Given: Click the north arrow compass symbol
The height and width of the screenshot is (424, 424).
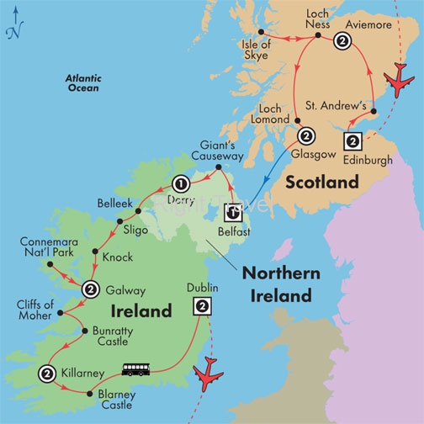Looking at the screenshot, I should [12, 29].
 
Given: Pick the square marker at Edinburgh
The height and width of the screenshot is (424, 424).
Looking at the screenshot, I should [352, 140].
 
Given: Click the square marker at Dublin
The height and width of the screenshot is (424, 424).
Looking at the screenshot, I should [202, 306].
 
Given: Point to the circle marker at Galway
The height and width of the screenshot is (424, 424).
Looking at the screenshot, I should [90, 289].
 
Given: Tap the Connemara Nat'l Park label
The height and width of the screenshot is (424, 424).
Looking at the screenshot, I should [49, 247].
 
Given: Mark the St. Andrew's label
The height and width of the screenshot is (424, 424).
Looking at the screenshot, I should [344, 107].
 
